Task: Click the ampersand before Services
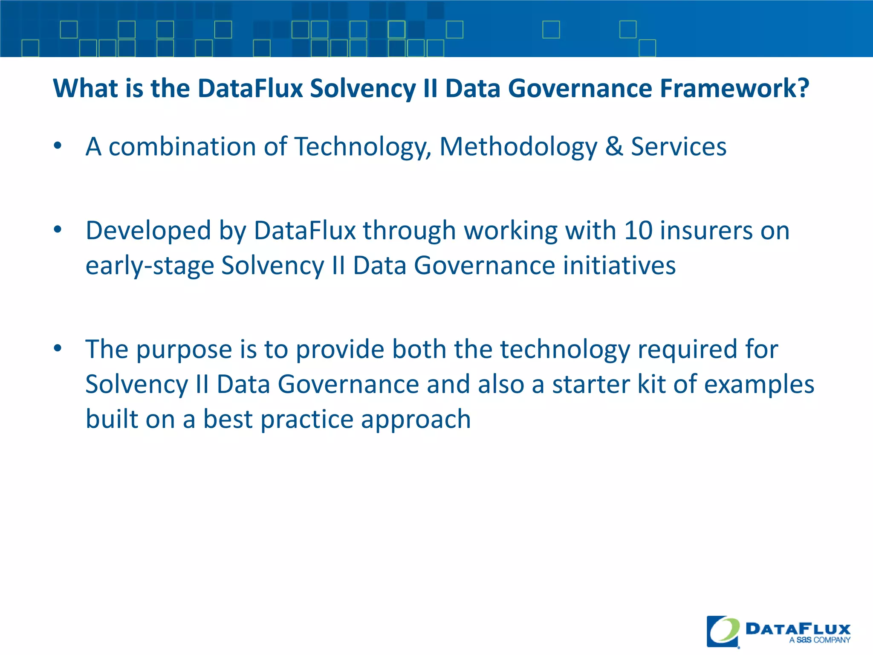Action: (614, 147)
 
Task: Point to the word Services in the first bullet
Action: (679, 147)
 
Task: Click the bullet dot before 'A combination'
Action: (58, 146)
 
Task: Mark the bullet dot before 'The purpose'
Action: (58, 348)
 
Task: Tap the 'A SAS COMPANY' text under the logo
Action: (819, 640)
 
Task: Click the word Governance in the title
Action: (580, 89)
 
